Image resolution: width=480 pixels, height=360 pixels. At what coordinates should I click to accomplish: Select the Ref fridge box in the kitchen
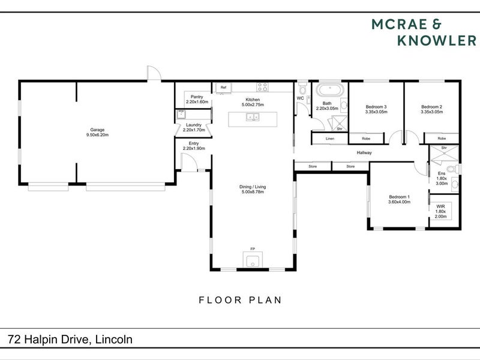pyautogui.click(x=223, y=88)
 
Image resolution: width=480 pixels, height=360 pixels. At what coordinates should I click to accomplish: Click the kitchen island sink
pyautogui.click(x=253, y=116)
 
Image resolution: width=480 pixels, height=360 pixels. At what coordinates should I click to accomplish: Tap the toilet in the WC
pyautogui.click(x=304, y=88)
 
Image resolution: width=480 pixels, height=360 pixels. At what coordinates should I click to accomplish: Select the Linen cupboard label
pyautogui.click(x=329, y=139)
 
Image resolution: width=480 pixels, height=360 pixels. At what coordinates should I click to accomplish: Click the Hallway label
pyautogui.click(x=364, y=153)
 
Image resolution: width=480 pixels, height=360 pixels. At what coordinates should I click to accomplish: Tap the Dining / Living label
pyautogui.click(x=252, y=190)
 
